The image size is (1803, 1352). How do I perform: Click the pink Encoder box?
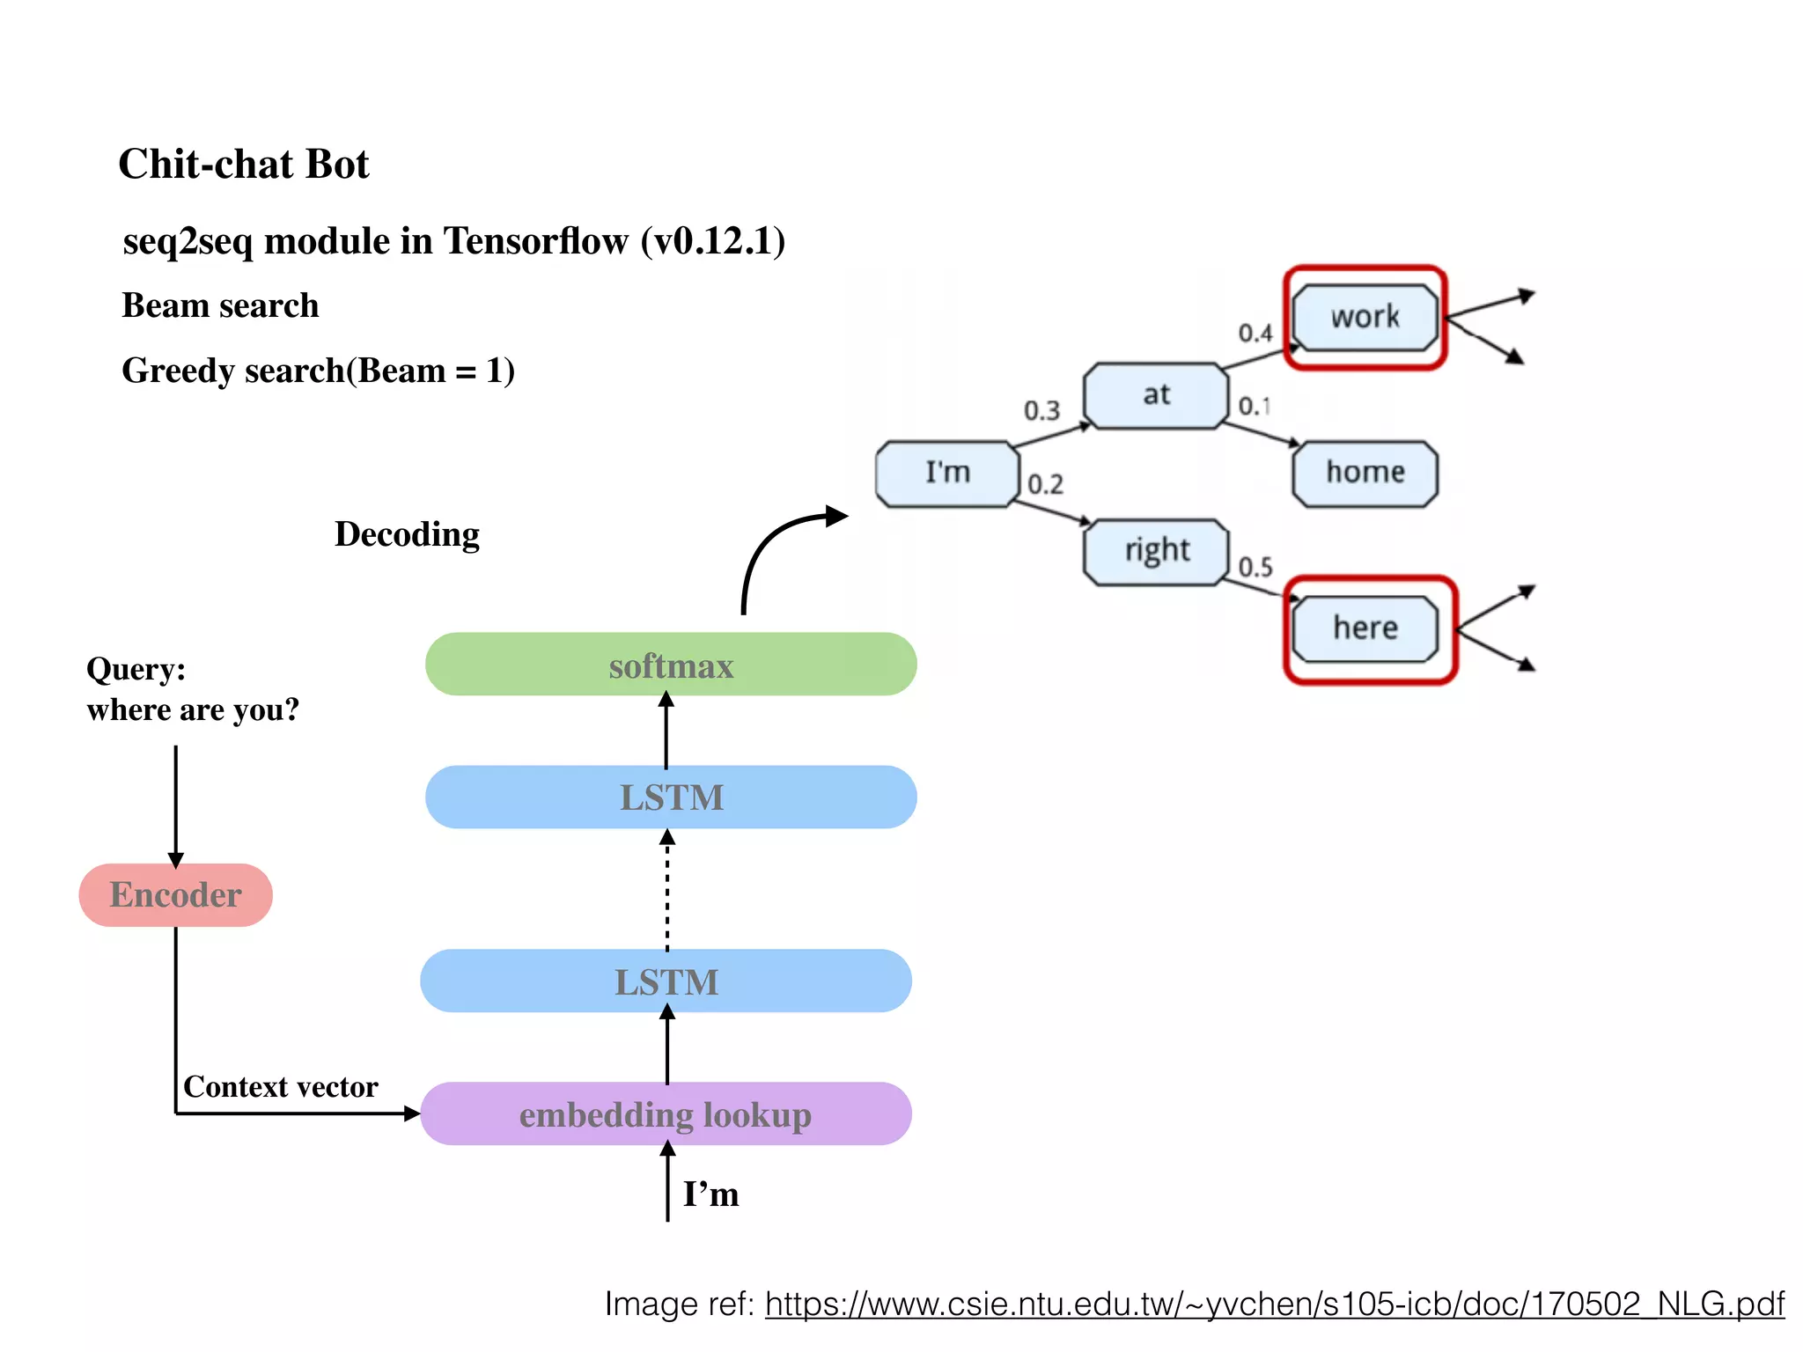point(175,894)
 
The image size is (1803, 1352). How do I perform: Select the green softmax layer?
point(671,665)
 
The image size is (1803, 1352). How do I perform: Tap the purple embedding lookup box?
point(666,1113)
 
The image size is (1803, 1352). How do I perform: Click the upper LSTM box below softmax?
point(671,797)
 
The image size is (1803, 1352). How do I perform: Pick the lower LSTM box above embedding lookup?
point(666,981)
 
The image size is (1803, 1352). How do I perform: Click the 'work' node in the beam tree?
point(1365,317)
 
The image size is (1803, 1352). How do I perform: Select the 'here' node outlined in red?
point(1365,628)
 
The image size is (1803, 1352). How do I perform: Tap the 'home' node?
point(1365,473)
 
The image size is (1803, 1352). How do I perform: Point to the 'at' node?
point(1156,395)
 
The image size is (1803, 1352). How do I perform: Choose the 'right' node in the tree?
point(1156,551)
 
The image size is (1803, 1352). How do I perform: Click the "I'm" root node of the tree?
point(947,473)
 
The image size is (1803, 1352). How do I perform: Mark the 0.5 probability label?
point(1255,567)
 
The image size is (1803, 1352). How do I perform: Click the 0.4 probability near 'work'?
point(1255,334)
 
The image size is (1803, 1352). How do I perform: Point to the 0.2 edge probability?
point(1045,484)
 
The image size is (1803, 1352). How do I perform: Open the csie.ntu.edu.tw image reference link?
point(1274,1304)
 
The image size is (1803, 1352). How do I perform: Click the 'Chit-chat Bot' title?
point(244,165)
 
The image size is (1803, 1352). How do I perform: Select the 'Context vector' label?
point(280,1087)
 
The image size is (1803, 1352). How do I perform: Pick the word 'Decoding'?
point(407,534)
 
